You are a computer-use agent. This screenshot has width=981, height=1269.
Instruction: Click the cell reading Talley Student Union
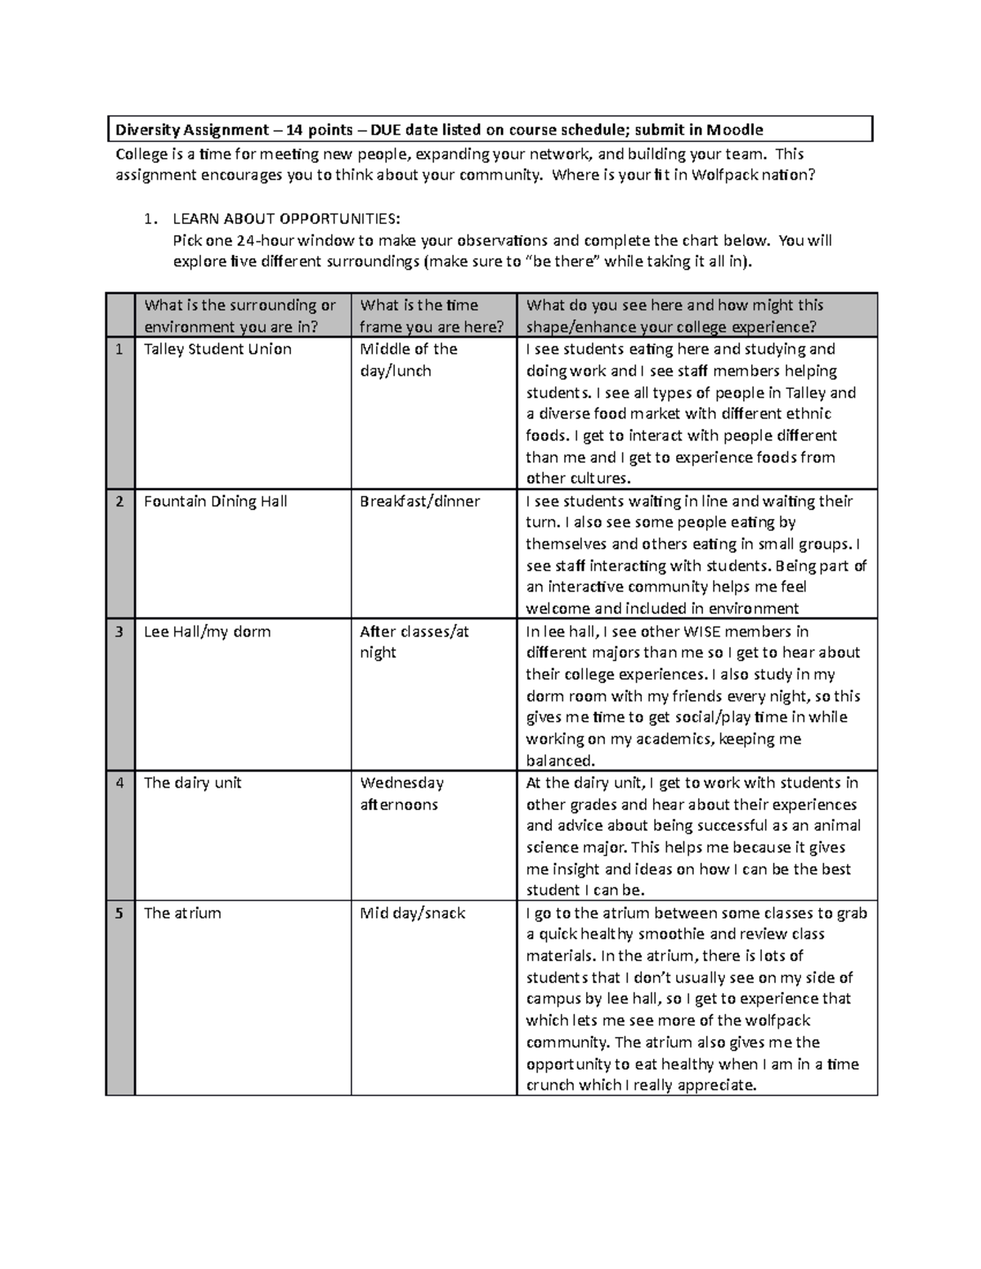click(217, 349)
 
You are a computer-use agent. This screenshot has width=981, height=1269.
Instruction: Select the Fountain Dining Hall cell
click(215, 501)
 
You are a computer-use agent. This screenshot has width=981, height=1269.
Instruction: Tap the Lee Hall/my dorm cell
click(207, 632)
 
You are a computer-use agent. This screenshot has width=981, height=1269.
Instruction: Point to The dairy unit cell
click(192, 783)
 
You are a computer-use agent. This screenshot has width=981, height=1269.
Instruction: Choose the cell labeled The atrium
click(182, 913)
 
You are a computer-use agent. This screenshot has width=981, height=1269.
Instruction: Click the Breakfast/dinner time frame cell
click(419, 501)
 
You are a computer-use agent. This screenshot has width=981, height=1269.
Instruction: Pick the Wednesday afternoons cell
click(401, 793)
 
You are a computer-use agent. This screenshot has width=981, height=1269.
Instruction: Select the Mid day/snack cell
click(412, 913)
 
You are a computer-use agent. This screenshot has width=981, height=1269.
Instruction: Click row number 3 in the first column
click(119, 632)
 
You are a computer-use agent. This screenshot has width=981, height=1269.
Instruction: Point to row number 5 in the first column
click(119, 913)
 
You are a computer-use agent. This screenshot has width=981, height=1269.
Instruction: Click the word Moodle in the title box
click(735, 130)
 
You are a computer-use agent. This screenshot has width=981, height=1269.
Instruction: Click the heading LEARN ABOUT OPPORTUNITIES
click(286, 219)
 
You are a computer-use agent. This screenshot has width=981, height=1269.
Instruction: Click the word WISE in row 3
click(701, 632)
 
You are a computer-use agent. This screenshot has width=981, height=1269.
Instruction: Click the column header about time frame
click(432, 315)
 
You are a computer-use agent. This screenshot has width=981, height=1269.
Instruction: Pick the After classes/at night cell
click(414, 641)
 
